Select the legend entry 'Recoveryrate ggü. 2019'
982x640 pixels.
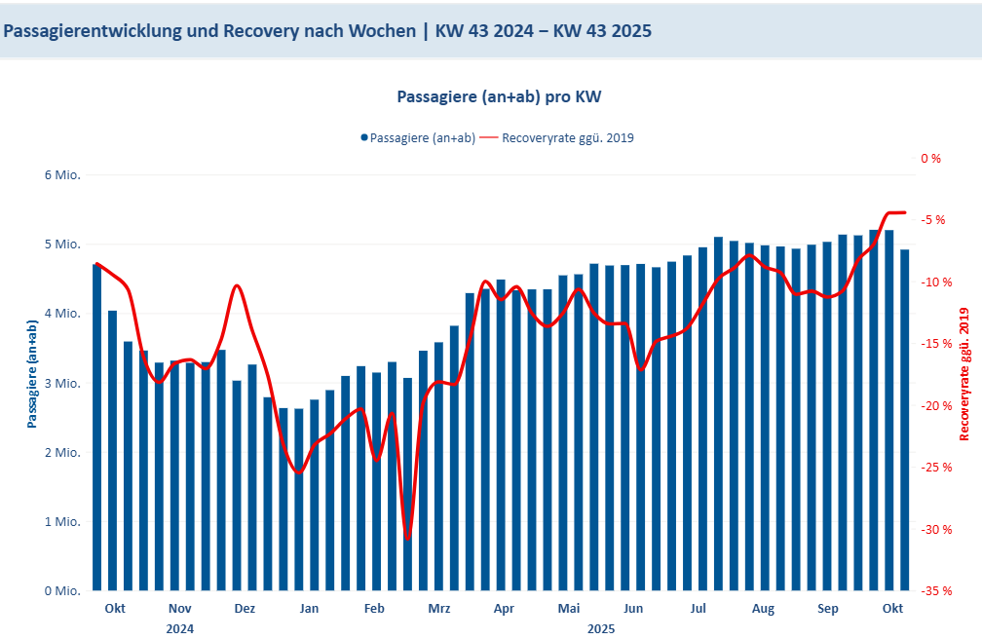tap(568, 137)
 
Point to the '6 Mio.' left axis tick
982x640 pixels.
tap(60, 175)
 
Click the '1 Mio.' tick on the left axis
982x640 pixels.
tap(60, 522)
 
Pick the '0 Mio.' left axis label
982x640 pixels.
tap(60, 591)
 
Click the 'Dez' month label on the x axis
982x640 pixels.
tap(245, 609)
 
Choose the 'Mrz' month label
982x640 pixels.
tap(439, 609)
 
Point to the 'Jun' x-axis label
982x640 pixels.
tap(633, 609)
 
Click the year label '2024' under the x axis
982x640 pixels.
tap(180, 628)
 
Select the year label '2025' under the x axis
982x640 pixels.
tap(601, 628)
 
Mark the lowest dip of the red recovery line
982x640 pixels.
tap(408, 539)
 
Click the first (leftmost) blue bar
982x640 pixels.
tap(97, 429)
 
